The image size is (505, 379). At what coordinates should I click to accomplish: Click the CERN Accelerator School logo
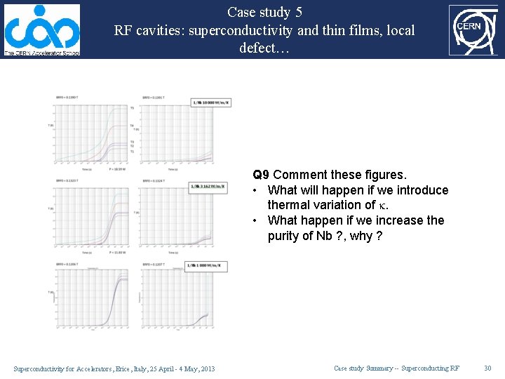tap(41, 29)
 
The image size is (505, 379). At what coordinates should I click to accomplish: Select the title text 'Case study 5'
tap(264, 12)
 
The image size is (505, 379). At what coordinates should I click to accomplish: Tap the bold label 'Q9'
tap(261, 174)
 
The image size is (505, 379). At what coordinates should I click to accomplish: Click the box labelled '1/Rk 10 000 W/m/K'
tap(210, 102)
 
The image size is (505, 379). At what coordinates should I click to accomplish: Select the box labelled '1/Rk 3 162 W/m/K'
tap(208, 187)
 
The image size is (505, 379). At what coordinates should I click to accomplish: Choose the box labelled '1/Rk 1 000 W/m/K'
tap(206, 267)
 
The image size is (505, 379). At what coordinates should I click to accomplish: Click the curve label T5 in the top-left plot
tap(132, 107)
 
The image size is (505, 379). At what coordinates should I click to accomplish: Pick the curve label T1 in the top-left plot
tap(132, 151)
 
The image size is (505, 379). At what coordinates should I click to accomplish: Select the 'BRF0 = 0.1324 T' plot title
tap(154, 180)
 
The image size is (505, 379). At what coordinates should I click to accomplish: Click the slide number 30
tap(488, 368)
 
